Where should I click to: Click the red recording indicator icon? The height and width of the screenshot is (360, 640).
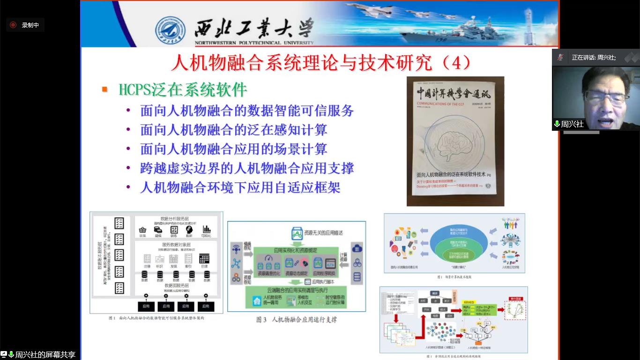(13, 25)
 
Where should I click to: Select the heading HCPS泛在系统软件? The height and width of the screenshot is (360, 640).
(183, 89)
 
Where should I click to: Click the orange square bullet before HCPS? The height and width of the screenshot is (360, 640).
(105, 89)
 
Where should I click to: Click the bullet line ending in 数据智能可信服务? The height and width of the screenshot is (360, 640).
(247, 111)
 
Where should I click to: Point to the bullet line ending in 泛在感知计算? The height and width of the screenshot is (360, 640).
(233, 130)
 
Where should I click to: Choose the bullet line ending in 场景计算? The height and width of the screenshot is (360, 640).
(233, 149)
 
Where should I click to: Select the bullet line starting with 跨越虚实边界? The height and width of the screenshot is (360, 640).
(247, 168)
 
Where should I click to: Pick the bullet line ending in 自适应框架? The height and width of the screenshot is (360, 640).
(240, 187)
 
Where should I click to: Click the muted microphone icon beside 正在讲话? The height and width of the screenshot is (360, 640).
(560, 57)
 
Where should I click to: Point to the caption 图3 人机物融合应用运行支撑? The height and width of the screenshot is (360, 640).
(296, 320)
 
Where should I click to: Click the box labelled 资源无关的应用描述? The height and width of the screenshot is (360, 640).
(319, 233)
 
